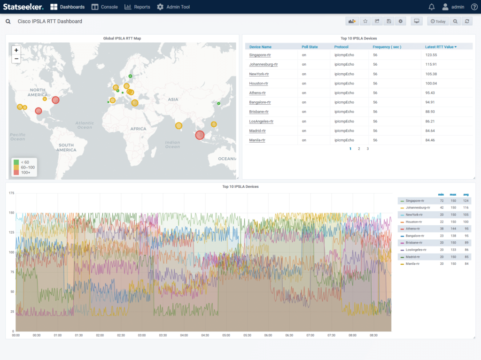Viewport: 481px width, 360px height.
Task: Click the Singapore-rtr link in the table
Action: click(x=260, y=55)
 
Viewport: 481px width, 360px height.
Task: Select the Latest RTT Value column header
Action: click(x=441, y=47)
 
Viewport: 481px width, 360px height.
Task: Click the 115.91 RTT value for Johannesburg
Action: click(x=431, y=64)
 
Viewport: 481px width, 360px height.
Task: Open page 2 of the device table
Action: click(x=359, y=149)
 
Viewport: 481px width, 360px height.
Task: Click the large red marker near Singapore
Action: click(x=200, y=135)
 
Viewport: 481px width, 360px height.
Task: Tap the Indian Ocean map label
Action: click(x=172, y=145)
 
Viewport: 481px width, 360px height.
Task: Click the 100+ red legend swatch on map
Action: click(x=16, y=173)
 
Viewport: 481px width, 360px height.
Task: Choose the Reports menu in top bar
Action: click(x=137, y=7)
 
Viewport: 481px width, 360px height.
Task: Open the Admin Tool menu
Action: click(x=173, y=7)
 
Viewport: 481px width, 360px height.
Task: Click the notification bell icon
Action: click(x=432, y=7)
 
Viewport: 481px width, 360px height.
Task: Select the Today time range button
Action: click(x=438, y=22)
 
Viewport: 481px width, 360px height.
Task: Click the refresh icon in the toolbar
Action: click(x=467, y=22)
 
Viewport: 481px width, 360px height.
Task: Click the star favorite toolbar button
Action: click(x=365, y=22)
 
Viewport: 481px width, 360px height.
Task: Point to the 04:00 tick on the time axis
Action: click(x=184, y=335)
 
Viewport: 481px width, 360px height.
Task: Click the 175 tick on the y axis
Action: click(x=11, y=193)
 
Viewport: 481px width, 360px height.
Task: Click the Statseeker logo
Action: click(x=23, y=7)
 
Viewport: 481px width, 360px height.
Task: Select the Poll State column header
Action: click(x=310, y=47)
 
